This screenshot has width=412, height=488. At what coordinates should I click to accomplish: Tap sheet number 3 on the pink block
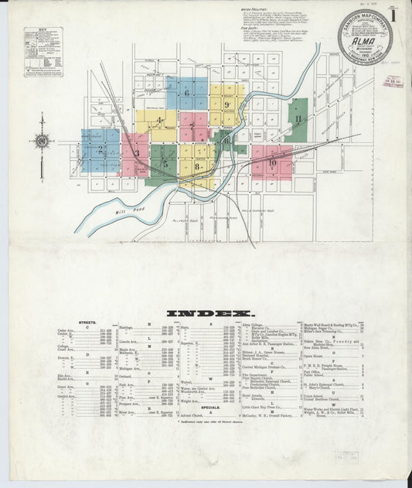[136, 153]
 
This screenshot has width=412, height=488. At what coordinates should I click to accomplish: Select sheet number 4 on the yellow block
[158, 120]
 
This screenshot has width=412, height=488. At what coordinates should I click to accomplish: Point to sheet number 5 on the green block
[165, 162]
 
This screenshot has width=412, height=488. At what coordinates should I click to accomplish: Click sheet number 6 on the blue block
[186, 94]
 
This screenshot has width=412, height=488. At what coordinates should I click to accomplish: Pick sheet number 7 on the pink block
[192, 127]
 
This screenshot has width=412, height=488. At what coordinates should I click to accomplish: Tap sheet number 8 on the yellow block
[198, 166]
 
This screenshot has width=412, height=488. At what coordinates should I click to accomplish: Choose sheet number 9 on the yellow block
[227, 105]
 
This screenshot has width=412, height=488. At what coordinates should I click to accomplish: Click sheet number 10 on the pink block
[272, 162]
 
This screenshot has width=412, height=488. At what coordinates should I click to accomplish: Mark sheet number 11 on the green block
[297, 119]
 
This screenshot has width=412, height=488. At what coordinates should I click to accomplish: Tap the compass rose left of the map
[42, 141]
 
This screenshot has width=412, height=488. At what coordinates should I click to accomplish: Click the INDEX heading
[206, 313]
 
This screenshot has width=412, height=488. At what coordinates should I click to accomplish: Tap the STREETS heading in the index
[87, 320]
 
